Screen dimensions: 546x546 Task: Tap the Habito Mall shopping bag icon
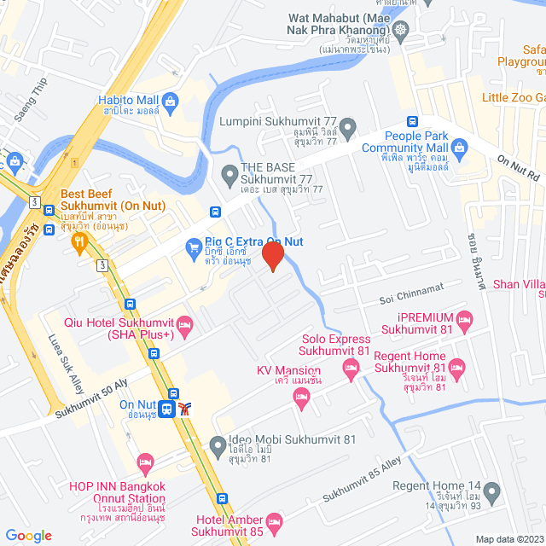pyautogui.click(x=171, y=102)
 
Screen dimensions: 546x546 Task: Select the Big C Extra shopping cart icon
pyautogui.click(x=194, y=248)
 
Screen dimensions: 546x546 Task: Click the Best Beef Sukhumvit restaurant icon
pyautogui.click(x=79, y=242)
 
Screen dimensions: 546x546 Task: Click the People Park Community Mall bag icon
pyautogui.click(x=459, y=148)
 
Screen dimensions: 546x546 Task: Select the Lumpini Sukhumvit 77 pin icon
pyautogui.click(x=344, y=126)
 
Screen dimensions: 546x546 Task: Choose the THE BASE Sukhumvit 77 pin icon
pyautogui.click(x=229, y=177)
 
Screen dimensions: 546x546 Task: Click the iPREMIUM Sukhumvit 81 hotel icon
pyautogui.click(x=465, y=319)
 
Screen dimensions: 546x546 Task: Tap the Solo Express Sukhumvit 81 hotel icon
pyautogui.click(x=350, y=369)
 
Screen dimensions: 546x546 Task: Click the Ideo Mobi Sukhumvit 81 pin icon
pyautogui.click(x=218, y=445)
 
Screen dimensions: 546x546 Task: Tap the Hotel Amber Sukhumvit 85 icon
pyautogui.click(x=274, y=520)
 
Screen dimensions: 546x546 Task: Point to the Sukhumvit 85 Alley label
pyautogui.click(x=361, y=485)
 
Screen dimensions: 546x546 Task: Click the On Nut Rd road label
pyautogui.click(x=520, y=167)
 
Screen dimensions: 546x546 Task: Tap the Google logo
pyautogui.click(x=28, y=535)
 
